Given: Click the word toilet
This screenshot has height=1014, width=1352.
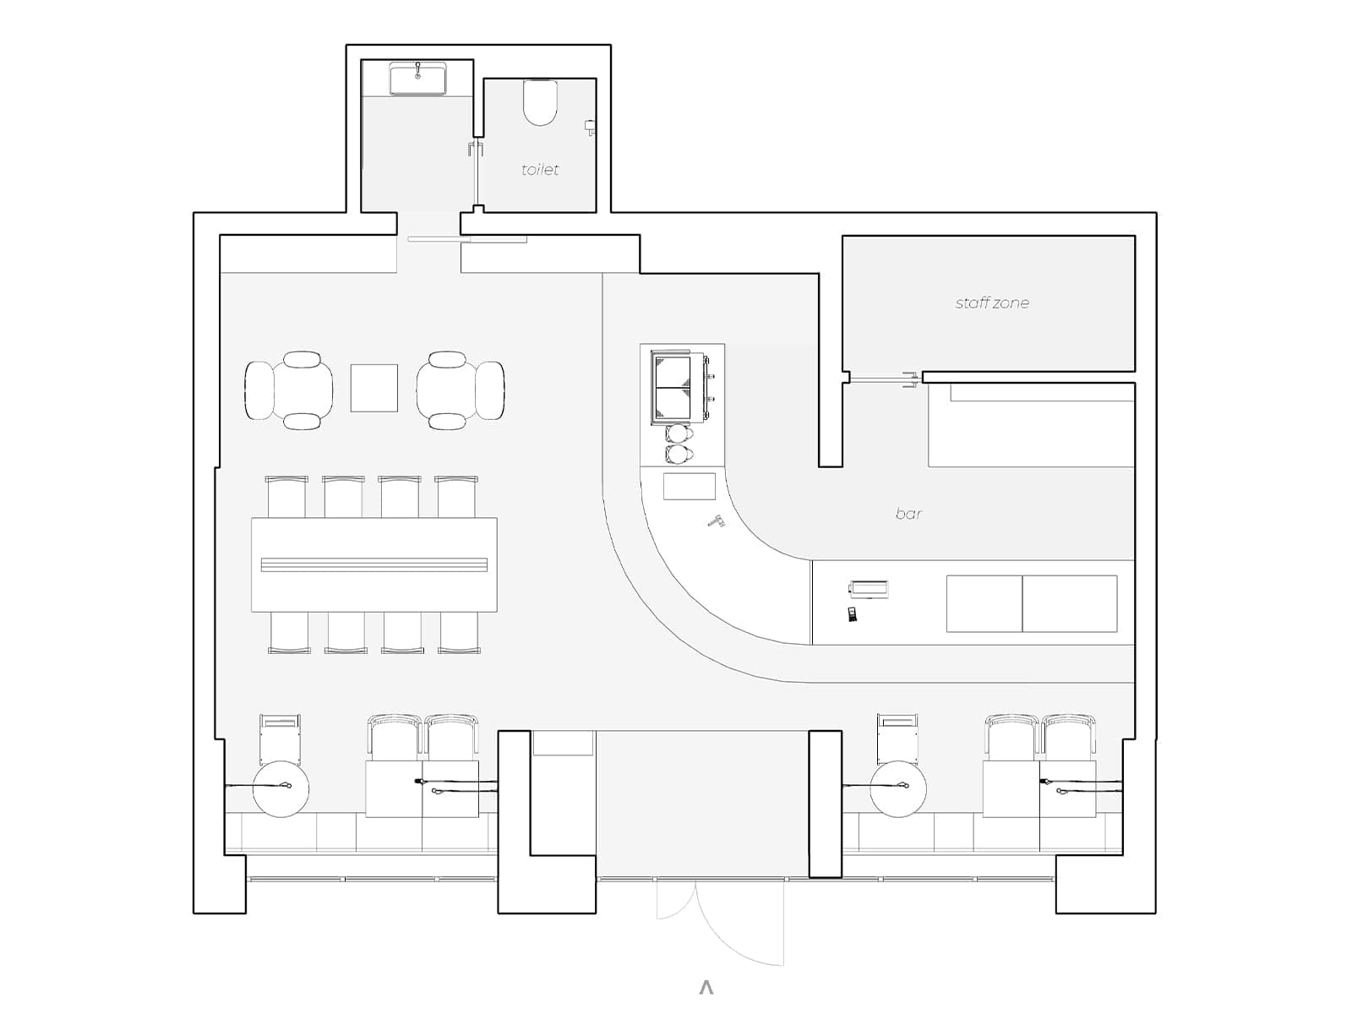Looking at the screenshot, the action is [540, 169].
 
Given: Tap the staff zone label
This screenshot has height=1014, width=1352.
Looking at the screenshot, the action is [992, 303].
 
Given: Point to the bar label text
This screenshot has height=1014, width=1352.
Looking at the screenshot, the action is [908, 514].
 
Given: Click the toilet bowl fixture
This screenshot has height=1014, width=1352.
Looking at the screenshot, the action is [540, 102].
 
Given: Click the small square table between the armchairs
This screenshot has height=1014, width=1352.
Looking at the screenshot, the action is [373, 388].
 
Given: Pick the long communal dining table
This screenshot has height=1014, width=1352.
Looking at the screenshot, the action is [373, 564].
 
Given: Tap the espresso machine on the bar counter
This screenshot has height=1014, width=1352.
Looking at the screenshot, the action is [679, 387].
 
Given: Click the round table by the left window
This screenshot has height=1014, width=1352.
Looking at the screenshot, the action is [281, 788].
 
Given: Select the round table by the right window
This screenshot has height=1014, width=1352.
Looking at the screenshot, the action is [898, 788].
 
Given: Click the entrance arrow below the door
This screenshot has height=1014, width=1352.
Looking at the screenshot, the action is [706, 988].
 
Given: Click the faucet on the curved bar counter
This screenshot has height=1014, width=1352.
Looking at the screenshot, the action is [716, 521].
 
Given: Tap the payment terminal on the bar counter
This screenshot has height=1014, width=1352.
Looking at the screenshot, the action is [853, 614].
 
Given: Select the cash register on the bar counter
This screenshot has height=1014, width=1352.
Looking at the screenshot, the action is [869, 589].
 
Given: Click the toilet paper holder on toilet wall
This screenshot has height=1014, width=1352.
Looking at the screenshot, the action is [590, 127].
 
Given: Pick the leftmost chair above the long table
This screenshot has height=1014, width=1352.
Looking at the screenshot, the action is [286, 496].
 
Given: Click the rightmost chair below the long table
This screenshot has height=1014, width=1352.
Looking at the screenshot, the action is [459, 632].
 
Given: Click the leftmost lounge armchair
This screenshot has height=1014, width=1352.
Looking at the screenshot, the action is [259, 390].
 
